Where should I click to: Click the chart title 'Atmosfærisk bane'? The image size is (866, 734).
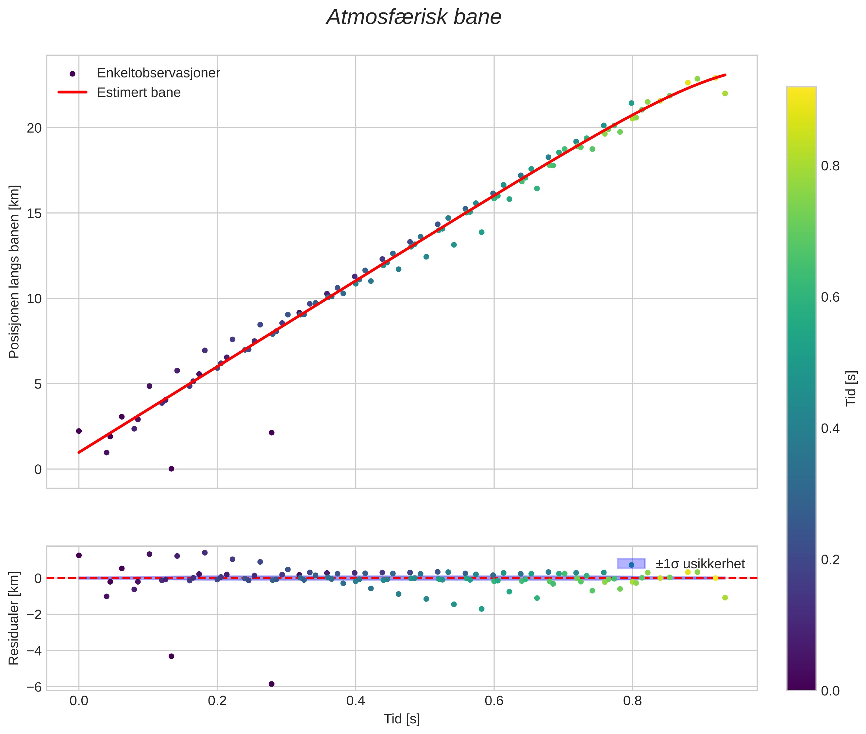click(414, 17)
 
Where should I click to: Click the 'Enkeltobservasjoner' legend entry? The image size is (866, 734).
click(158, 73)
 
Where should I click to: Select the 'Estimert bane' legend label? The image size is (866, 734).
click(139, 92)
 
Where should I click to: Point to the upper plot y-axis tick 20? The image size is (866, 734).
click(35, 128)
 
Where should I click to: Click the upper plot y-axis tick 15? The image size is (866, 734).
click(35, 213)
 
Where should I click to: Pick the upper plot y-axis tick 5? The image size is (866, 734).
click(38, 384)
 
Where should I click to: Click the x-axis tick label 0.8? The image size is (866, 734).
click(632, 701)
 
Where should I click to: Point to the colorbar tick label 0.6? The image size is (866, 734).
click(830, 297)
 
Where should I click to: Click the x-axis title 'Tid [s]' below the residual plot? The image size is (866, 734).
click(402, 719)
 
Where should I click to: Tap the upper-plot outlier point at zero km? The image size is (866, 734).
click(171, 469)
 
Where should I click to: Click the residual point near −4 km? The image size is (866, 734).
click(171, 656)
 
